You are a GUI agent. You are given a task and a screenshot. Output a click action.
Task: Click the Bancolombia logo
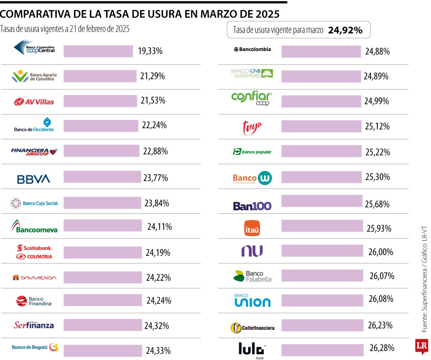[252, 49]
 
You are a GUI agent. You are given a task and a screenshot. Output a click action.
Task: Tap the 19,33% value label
[150, 51]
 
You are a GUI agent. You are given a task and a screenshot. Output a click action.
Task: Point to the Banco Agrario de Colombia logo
[34, 76]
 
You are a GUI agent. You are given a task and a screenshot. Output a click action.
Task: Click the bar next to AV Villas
[100, 101]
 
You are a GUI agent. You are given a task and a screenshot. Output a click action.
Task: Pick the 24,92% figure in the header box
[345, 31]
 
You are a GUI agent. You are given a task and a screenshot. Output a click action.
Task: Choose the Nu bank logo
[252, 251]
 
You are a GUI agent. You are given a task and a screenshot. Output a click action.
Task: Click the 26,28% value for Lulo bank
[382, 348]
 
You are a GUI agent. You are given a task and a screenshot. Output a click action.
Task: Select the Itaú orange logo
[252, 229]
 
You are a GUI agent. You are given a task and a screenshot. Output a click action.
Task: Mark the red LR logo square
[422, 346]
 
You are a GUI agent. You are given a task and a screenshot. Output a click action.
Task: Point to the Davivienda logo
[34, 278]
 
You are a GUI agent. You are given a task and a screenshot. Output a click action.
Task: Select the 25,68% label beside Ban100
[377, 204]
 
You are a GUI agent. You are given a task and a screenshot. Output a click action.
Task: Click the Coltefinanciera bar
[323, 326]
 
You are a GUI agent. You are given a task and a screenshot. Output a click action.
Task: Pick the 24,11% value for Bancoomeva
[159, 227]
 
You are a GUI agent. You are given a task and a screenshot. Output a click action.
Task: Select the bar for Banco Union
[323, 300]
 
